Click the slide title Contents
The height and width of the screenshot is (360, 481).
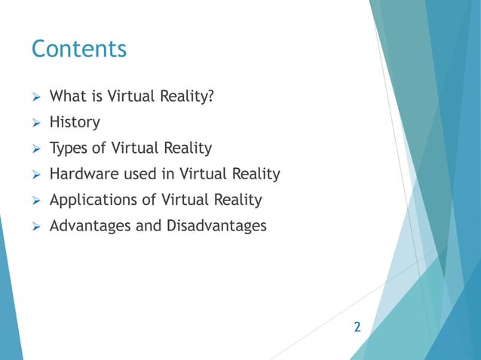pyautogui.click(x=78, y=50)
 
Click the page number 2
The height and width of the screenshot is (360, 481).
pyautogui.click(x=357, y=328)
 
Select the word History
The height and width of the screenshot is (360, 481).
pyautogui.click(x=74, y=122)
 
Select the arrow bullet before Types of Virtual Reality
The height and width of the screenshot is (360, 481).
pyautogui.click(x=35, y=148)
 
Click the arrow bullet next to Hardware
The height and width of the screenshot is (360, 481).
pyautogui.click(x=35, y=175)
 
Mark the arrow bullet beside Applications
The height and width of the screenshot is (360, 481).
pyautogui.click(x=35, y=200)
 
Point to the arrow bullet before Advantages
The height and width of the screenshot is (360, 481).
pyautogui.click(x=35, y=226)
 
